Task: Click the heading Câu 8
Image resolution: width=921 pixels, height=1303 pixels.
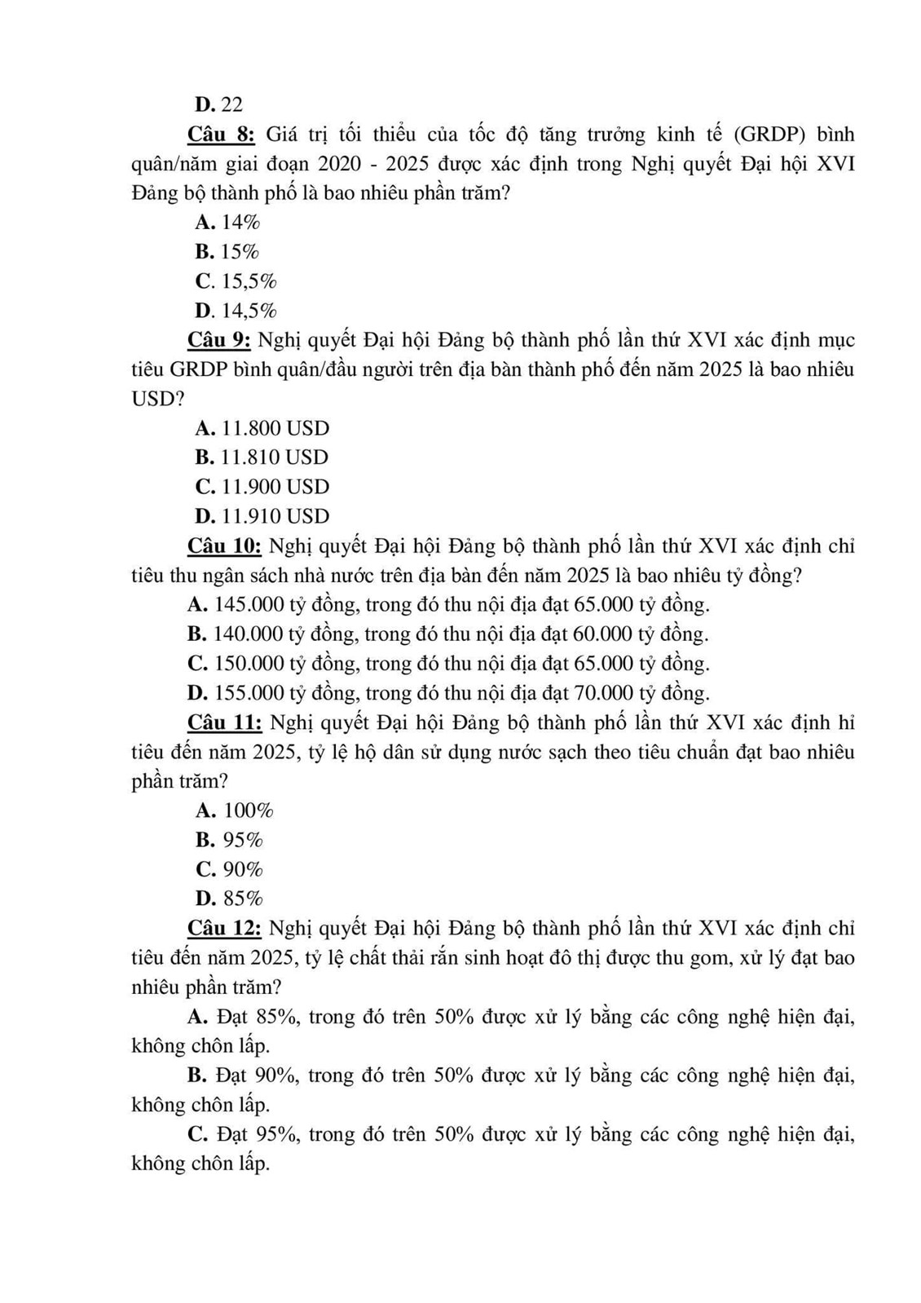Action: tap(222, 134)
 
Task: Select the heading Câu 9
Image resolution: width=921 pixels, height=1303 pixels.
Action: tap(222, 339)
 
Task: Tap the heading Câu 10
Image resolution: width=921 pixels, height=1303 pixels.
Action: tap(225, 545)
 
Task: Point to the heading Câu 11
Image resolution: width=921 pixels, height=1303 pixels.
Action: tap(225, 722)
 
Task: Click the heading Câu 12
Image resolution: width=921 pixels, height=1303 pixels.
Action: tap(225, 928)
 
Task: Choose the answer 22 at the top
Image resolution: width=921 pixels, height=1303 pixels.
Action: tap(231, 104)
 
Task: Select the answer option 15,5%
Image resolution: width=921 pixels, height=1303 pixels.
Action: tap(249, 281)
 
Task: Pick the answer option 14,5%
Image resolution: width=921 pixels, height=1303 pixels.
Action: tap(249, 311)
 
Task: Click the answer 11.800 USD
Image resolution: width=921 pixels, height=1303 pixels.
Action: tap(275, 428)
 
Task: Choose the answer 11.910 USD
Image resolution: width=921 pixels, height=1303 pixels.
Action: tap(275, 516)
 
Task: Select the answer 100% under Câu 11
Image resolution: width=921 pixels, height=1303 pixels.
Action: tap(249, 811)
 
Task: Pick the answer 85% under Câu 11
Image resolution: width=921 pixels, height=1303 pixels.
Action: tap(243, 899)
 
